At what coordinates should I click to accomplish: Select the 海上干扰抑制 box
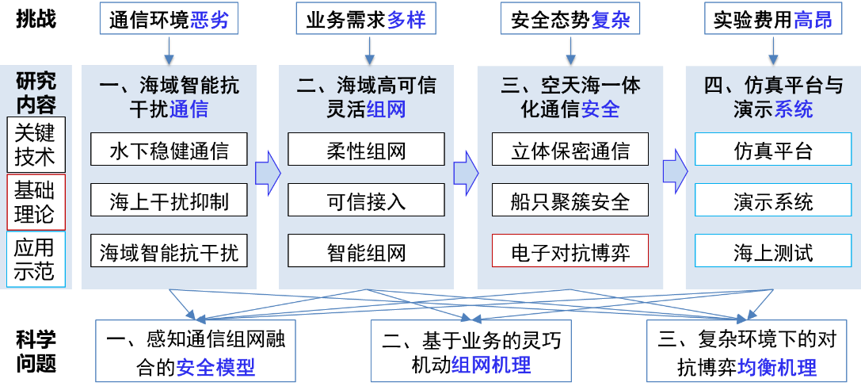(x=168, y=201)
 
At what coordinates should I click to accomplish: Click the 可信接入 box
(x=366, y=201)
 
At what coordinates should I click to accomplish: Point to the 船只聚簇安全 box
(x=570, y=201)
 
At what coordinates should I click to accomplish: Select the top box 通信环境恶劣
(x=168, y=20)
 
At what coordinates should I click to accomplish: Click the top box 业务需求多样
(x=366, y=20)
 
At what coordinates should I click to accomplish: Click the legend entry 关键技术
(x=36, y=144)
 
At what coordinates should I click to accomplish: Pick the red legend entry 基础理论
(x=36, y=202)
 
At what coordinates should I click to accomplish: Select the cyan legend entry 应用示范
(x=36, y=259)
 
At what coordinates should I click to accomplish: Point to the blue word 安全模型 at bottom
(x=215, y=367)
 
